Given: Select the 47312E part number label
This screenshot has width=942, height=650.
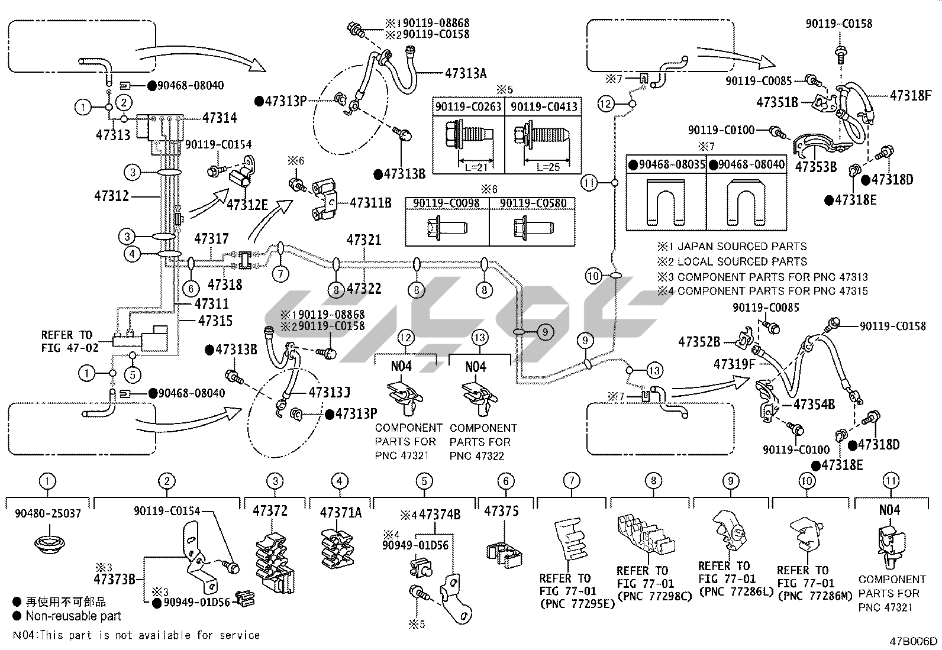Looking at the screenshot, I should coord(247,205).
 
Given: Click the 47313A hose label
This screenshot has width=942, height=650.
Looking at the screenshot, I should coord(466,73).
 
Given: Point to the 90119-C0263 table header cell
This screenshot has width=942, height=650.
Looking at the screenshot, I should coord(469,107).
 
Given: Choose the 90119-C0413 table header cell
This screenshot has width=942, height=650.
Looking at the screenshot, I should coord(543,107).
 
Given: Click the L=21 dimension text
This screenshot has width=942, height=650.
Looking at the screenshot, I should coord(473,167).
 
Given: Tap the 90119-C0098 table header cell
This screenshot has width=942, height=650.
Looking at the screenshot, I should coord(447,203).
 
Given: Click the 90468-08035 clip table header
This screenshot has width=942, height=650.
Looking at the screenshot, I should coord(667,165).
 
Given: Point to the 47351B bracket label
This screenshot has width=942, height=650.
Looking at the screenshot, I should coord(777,102).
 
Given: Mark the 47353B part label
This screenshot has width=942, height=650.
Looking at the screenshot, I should coord(815,167).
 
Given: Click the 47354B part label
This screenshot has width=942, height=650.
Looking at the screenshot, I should coord(814,405).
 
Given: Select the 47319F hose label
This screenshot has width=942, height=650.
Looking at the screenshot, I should coord(734,364).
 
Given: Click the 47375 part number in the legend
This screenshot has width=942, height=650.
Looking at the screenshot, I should coord(501,511).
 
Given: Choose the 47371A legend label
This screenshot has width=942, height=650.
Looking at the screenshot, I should coord(340,512).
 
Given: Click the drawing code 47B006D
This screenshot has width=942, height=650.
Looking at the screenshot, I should coord(913,641).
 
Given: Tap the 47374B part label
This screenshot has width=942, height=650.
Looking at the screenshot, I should coord(439,515).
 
